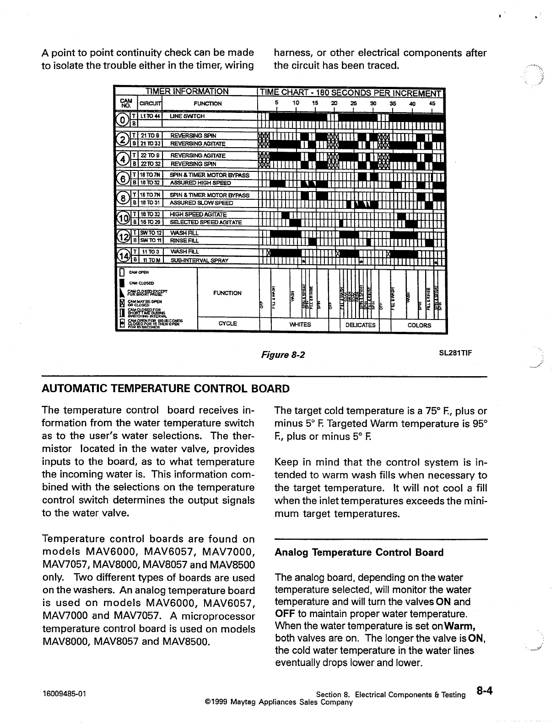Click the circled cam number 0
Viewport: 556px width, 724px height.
[122, 120]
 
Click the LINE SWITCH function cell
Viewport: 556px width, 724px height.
[187, 117]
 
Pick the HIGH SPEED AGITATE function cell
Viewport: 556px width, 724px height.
[198, 214]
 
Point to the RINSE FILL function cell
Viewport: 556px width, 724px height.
[184, 240]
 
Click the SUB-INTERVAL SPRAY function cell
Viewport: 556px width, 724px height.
[199, 261]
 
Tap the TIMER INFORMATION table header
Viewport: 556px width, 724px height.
[186, 91]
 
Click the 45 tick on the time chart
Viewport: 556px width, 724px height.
[432, 103]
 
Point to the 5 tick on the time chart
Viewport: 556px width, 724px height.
[277, 103]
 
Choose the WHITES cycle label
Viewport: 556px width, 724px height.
[300, 325]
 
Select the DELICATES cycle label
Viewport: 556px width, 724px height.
[360, 325]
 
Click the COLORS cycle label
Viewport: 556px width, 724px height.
[419, 325]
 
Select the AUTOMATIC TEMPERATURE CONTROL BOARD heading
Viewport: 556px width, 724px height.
[166, 389]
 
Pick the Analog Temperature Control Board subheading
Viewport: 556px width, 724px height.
[359, 553]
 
